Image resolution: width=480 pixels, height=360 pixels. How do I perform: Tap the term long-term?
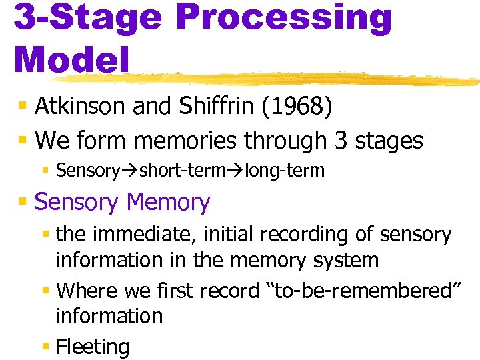pyautogui.click(x=285, y=171)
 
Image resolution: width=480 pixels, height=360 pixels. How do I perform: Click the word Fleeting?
pyautogui.click(x=93, y=347)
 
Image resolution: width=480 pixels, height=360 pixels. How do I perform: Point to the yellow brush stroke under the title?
pyautogui.click(x=300, y=79)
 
